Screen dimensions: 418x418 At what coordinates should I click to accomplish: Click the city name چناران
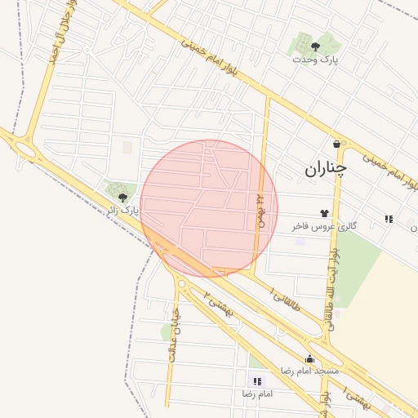coord(326,169)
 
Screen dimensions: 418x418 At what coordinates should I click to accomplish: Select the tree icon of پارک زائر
coord(122,197)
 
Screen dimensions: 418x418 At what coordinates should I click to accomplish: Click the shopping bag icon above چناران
coord(336,145)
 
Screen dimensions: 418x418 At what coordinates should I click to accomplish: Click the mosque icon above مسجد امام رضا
coord(309,359)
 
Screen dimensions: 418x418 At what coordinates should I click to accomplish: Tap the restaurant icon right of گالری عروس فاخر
coord(389,219)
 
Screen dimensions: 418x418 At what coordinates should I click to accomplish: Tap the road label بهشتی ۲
coord(219,305)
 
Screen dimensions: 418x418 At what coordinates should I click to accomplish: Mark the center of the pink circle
coord(209,208)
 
